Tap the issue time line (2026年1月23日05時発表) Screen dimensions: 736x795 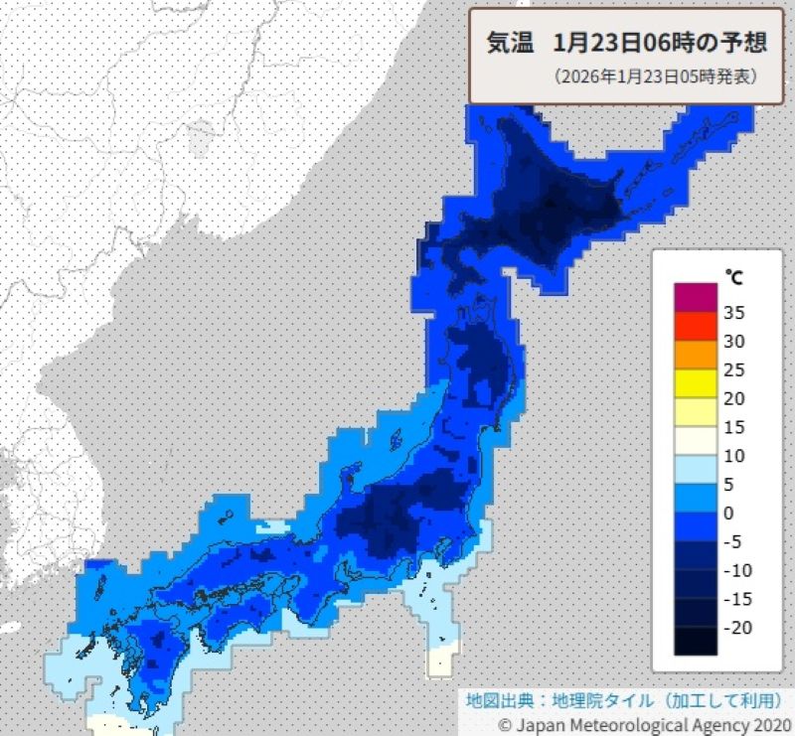[656, 75]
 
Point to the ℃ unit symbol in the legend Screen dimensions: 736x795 [733, 274]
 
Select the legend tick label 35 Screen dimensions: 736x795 [734, 313]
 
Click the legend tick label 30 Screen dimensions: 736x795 [734, 342]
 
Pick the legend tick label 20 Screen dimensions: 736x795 [734, 398]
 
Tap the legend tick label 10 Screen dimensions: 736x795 [734, 456]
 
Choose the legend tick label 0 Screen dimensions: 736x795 [728, 513]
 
